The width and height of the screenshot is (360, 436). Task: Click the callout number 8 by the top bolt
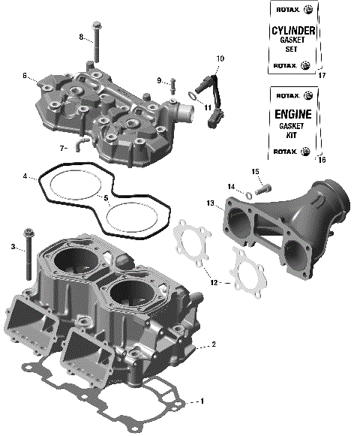(x=81, y=36)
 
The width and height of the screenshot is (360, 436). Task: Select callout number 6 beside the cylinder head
(x=25, y=76)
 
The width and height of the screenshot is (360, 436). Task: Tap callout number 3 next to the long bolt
(x=13, y=246)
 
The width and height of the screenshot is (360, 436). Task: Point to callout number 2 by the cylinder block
(x=214, y=344)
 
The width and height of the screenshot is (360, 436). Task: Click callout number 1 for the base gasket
(x=201, y=401)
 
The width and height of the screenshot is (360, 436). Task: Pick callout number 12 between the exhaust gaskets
(x=215, y=283)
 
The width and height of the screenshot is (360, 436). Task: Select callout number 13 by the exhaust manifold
(x=211, y=203)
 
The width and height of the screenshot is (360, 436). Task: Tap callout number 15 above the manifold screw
(x=255, y=172)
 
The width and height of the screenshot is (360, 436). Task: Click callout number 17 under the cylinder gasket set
(x=322, y=76)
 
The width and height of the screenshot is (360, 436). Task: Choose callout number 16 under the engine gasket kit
(x=322, y=160)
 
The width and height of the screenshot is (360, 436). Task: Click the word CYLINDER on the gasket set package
(x=292, y=31)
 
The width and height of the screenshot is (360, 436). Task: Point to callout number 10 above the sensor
(x=220, y=58)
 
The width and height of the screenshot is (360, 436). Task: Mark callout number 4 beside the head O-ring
(x=25, y=177)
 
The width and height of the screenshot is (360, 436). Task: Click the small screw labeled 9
(x=172, y=83)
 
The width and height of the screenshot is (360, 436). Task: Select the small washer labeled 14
(x=247, y=194)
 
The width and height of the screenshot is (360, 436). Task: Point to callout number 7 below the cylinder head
(x=63, y=148)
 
